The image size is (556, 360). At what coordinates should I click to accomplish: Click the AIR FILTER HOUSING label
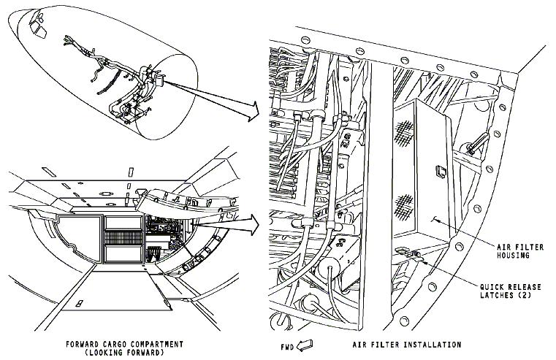click(519, 251)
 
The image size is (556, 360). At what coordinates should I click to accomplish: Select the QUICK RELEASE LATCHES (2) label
click(511, 291)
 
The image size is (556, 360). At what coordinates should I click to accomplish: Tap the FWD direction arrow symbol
click(305, 345)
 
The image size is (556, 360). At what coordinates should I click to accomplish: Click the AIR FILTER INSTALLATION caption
click(407, 345)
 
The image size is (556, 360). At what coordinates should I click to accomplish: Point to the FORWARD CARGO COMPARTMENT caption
click(124, 344)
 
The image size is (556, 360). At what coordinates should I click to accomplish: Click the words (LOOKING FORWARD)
click(124, 353)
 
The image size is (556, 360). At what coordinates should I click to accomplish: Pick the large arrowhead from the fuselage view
click(252, 110)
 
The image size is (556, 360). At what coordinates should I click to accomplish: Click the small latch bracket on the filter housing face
click(439, 172)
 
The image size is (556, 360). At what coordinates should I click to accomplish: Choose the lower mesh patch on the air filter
click(405, 207)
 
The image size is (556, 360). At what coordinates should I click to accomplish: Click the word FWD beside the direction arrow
click(287, 347)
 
